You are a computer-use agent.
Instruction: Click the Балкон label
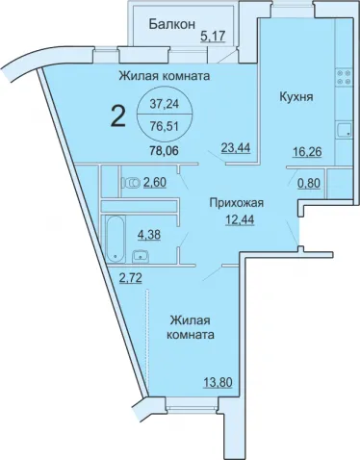pyautogui.click(x=172, y=24)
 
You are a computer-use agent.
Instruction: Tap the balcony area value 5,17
pyautogui.click(x=213, y=36)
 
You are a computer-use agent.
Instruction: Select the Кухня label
pyautogui.click(x=296, y=96)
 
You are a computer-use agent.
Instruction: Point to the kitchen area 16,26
pyautogui.click(x=307, y=152)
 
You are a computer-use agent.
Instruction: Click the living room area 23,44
pyautogui.click(x=236, y=148)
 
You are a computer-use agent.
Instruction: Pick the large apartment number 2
pyautogui.click(x=117, y=116)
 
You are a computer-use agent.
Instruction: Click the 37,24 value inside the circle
pyautogui.click(x=165, y=104)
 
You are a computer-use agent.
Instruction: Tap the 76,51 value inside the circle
pyautogui.click(x=165, y=126)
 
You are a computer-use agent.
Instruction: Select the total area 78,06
pyautogui.click(x=164, y=150)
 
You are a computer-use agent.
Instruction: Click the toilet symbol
pyautogui.click(x=131, y=183)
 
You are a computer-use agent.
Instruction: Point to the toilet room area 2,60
pyautogui.click(x=155, y=183)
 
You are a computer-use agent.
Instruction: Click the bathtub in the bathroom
pyautogui.click(x=115, y=240)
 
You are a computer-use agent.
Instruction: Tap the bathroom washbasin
pyautogui.click(x=140, y=255)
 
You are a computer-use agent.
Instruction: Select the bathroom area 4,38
pyautogui.click(x=149, y=235)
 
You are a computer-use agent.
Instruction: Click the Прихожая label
pyautogui.click(x=237, y=203)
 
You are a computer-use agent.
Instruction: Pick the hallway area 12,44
pyautogui.click(x=240, y=220)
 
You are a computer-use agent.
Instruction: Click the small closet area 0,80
pyautogui.click(x=309, y=184)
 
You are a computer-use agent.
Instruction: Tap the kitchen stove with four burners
pyautogui.click(x=344, y=77)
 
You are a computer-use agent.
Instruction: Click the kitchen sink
pyautogui.click(x=344, y=130)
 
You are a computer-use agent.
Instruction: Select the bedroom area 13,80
pyautogui.click(x=218, y=383)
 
